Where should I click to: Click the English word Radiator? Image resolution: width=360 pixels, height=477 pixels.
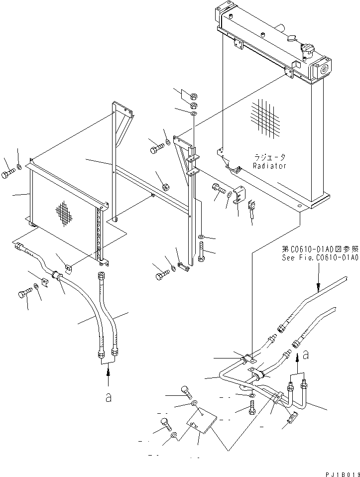pyautogui.click(x=269, y=166)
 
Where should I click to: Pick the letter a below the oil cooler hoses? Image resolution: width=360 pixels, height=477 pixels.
pyautogui.click(x=108, y=398)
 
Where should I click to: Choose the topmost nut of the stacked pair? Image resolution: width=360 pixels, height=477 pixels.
pyautogui.click(x=195, y=96)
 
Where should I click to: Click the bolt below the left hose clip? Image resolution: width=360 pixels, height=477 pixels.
pyautogui.click(x=23, y=294)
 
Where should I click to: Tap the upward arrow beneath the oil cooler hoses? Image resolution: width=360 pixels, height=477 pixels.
pyautogui.click(x=108, y=377)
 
